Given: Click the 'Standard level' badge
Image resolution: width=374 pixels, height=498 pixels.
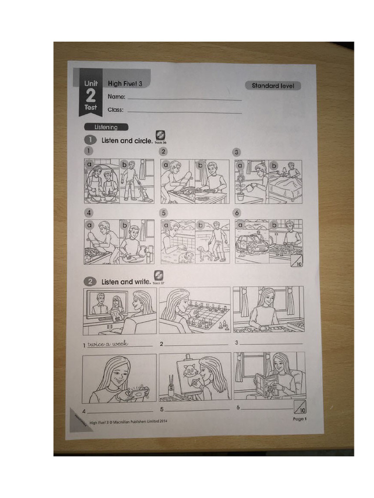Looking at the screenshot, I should (x=273, y=86).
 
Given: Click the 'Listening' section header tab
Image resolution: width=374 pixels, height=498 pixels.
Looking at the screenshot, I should (x=106, y=127).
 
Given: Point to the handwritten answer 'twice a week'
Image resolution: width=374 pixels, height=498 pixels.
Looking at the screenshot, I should (x=107, y=344).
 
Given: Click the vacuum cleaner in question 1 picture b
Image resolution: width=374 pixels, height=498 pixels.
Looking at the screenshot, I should (x=145, y=195).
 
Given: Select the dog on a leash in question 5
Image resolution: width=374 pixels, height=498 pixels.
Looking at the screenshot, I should (x=202, y=252).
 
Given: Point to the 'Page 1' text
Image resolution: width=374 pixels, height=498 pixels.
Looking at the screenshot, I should (x=298, y=419).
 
